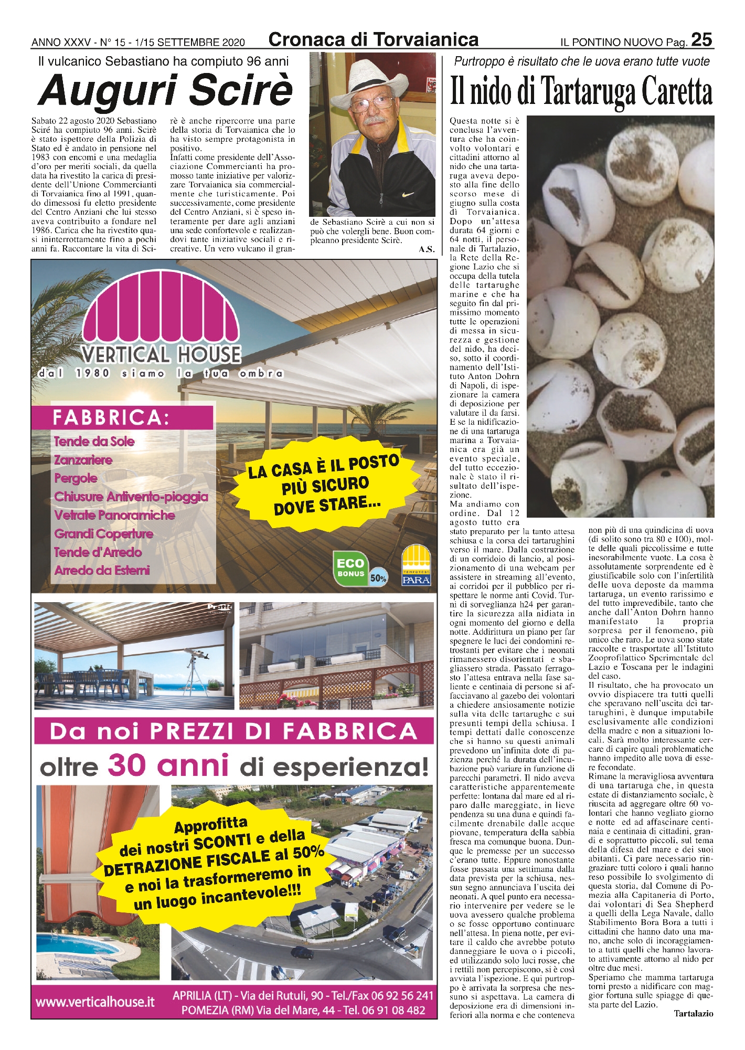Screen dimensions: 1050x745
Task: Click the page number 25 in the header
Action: tap(701, 40)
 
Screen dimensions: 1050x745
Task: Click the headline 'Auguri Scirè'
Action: tap(165, 90)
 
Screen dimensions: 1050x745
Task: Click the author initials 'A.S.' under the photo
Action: tap(427, 250)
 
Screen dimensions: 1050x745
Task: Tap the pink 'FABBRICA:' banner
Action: tap(123, 417)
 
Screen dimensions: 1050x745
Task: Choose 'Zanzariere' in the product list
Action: tap(83, 460)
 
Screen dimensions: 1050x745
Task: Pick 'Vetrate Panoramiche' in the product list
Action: tap(114, 515)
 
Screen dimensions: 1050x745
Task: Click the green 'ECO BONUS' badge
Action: tap(351, 567)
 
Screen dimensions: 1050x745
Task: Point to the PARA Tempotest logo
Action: tap(416, 565)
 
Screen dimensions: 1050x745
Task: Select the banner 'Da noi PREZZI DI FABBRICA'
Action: tap(234, 731)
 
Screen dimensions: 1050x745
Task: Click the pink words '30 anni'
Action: tap(168, 766)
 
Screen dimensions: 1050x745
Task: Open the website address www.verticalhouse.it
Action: tap(95, 1002)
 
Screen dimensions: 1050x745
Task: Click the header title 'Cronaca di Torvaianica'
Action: tap(373, 40)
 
